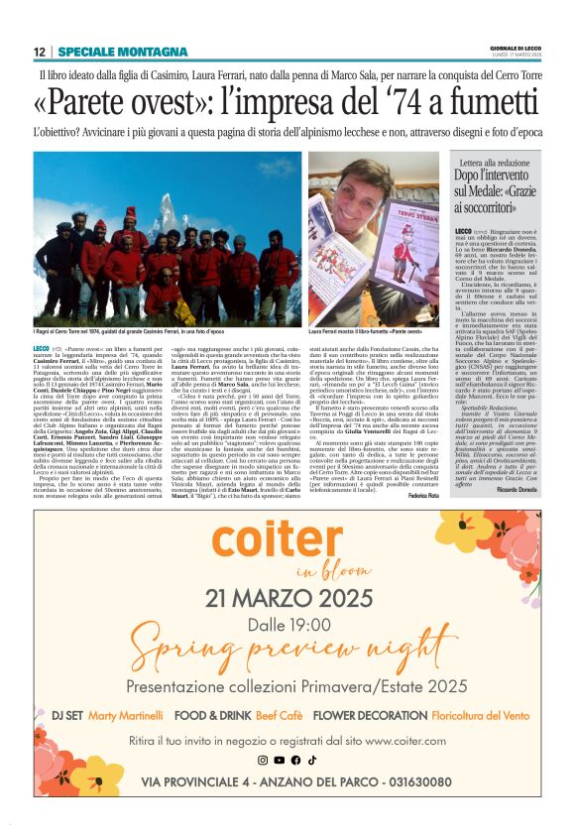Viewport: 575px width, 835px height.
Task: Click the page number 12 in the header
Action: click(39, 52)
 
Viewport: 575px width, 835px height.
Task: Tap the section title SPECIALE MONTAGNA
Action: click(109, 52)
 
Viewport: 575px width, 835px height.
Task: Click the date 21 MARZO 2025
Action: click(287, 598)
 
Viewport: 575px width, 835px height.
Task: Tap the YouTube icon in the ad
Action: click(280, 761)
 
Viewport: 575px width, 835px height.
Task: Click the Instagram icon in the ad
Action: click(263, 761)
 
